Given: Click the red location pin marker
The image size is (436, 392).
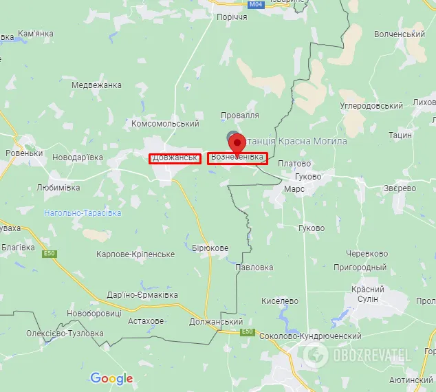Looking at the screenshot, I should [238, 144].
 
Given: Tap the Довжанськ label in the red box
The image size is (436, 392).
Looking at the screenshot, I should [175, 158].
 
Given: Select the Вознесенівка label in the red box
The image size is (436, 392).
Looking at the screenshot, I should [237, 158].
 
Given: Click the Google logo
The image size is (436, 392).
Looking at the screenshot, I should [111, 378].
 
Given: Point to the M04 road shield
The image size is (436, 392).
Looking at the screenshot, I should [237, 4].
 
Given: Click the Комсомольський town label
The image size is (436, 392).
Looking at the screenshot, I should [164, 124].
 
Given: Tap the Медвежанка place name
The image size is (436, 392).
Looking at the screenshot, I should [96, 85].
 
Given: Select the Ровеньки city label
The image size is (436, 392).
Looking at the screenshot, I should [24, 153].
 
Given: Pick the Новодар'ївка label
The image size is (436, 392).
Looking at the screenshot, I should [78, 157].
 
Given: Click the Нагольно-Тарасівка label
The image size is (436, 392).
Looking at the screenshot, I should [83, 213].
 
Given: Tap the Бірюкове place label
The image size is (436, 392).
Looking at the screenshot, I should [210, 248].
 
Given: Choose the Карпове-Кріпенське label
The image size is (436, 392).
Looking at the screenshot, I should [135, 254].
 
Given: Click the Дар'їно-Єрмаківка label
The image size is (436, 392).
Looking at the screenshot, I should [142, 294].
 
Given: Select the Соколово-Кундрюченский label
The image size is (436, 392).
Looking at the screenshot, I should [311, 336].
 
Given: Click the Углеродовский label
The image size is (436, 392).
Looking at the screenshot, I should [371, 106].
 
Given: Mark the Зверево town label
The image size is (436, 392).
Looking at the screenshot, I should [400, 188].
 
